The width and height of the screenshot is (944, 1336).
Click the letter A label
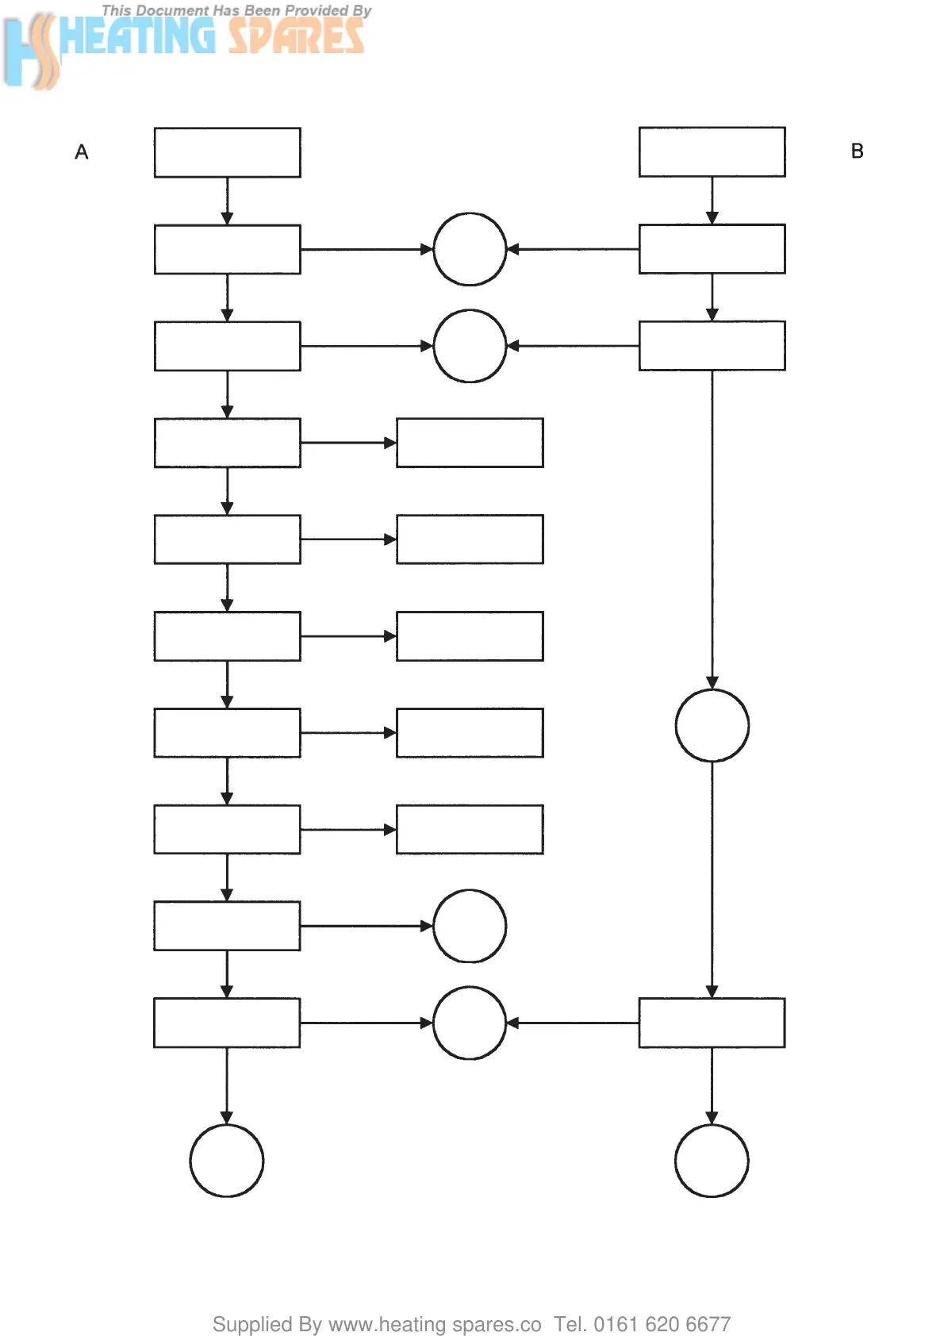82,152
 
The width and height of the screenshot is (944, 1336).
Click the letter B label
857,152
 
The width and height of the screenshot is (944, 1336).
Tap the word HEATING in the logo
136,36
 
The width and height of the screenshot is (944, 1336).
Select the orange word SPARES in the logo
296,36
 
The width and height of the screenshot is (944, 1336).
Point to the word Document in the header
173,11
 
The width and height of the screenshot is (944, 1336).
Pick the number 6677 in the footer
708,1324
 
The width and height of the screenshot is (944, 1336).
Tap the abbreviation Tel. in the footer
570,1324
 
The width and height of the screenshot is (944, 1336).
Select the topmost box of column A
227,152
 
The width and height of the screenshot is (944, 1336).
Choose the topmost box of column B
712,152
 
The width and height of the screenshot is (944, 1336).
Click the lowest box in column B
712,1023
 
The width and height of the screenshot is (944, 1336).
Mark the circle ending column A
227,1160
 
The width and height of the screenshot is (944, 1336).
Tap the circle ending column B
712,1160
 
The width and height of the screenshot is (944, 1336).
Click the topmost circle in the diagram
470,249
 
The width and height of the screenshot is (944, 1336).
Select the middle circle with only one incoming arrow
470,926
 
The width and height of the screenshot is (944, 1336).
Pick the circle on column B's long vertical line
712,725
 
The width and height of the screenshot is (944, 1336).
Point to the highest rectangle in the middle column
470,443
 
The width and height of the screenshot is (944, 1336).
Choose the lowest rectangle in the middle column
470,829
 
